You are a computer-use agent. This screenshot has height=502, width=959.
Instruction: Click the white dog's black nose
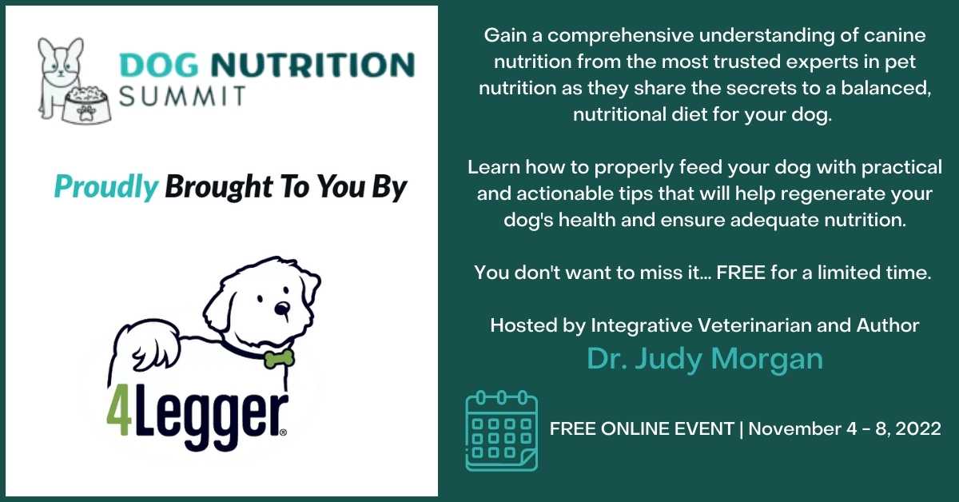[281, 309]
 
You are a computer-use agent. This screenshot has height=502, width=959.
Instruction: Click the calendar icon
[501, 432]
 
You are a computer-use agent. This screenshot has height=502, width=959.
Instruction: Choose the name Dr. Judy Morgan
[705, 359]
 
